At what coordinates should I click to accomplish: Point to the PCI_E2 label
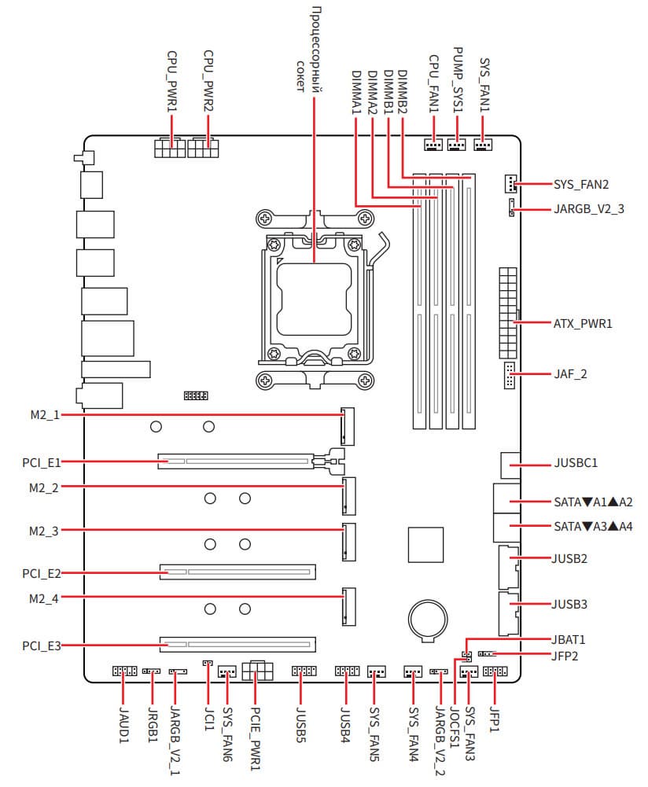pos(42,574)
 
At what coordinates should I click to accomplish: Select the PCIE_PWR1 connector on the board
pos(257,671)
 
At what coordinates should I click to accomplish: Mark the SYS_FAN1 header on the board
pos(484,145)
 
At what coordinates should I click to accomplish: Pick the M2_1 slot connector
pos(345,425)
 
